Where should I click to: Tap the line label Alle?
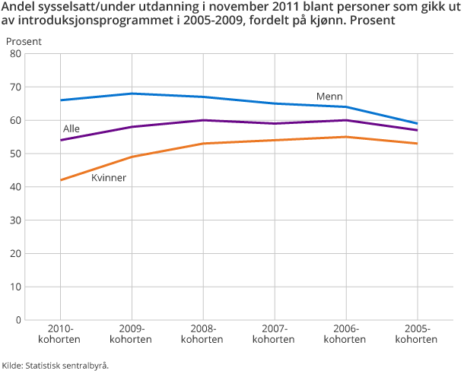pos(72,129)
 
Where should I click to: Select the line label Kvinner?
pos(108,178)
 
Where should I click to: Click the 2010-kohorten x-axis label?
pos(60,334)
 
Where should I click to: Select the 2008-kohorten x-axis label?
pos(203,334)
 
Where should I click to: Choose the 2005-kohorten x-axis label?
pos(417,334)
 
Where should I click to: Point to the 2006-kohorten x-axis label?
pos(345,334)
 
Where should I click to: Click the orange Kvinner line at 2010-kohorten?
pos(60,180)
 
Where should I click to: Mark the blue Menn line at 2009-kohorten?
pos(132,94)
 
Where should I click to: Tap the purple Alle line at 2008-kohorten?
pos(203,120)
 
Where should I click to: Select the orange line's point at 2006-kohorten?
pos(345,137)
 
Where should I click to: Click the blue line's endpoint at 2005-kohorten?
pos(417,123)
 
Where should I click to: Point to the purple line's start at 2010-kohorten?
pos(60,140)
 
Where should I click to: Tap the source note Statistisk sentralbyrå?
pos(55,365)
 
